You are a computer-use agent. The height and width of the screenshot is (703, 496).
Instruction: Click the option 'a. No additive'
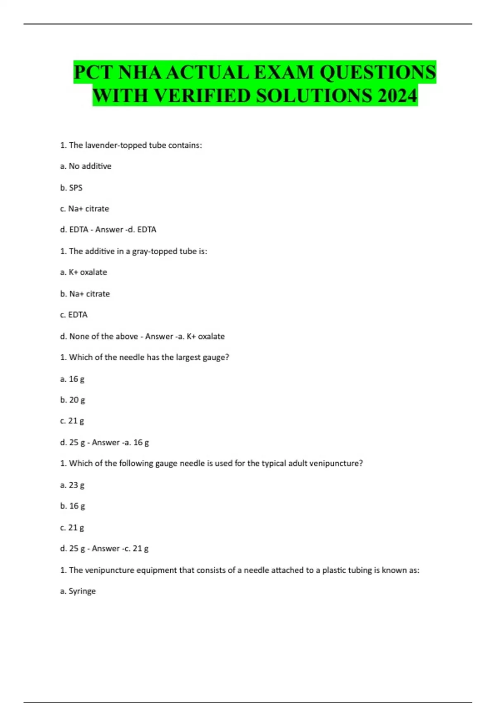pos(86,166)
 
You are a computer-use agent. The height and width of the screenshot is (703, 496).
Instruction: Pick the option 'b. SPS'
pos(71,188)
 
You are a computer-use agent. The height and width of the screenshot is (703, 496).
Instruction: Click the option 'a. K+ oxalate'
pos(83,272)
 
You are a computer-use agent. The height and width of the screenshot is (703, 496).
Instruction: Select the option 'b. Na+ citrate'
pos(85,294)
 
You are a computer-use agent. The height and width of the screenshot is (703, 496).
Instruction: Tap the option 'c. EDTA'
pos(74,315)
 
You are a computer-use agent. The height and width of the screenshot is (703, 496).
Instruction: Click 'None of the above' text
pos(103,336)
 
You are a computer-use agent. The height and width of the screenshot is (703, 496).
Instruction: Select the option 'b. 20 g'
pos(72,400)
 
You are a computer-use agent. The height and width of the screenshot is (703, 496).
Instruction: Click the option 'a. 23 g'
pos(72,485)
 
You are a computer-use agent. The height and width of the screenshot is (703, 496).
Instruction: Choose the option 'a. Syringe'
pos(78,591)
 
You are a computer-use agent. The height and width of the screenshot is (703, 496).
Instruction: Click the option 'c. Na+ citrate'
pos(84,209)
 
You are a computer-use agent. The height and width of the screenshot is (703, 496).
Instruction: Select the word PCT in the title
pos(93,72)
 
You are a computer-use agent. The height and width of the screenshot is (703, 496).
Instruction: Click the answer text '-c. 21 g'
pos(135,548)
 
